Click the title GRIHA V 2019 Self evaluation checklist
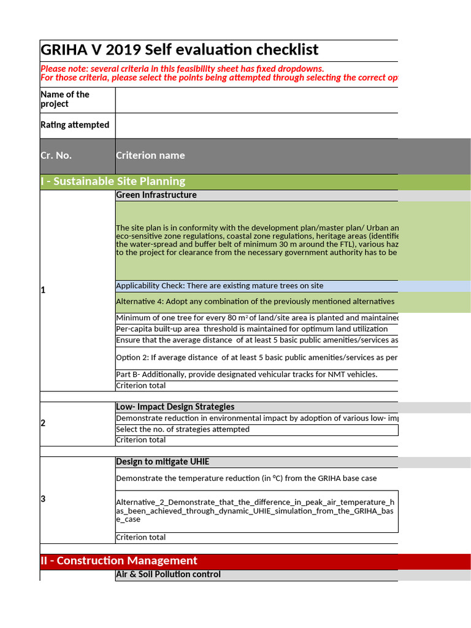[x=180, y=50]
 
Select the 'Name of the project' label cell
[x=65, y=99]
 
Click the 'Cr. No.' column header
[x=56, y=156]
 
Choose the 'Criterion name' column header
[x=150, y=156]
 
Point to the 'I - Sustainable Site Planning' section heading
[x=113, y=182]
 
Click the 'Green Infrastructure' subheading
[x=156, y=195]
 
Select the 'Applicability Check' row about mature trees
[x=220, y=286]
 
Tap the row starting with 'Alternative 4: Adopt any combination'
[x=255, y=302]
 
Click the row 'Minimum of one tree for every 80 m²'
[x=256, y=318]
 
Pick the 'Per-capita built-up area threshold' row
[x=252, y=329]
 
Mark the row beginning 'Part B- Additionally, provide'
[x=247, y=375]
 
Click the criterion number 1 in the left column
[x=43, y=290]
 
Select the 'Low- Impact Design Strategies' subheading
[x=175, y=407]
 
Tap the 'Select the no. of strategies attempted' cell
[x=183, y=429]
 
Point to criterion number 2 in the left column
[x=43, y=423]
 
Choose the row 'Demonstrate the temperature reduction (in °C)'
[x=247, y=478]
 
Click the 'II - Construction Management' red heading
[x=119, y=561]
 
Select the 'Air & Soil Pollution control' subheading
[x=168, y=575]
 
